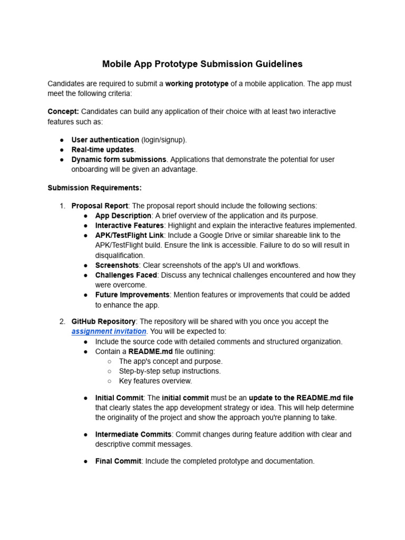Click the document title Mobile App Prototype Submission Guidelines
point(202,64)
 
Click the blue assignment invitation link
point(109,331)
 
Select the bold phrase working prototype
point(197,84)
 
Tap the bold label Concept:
point(63,112)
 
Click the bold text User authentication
point(105,140)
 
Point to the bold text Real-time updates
point(102,150)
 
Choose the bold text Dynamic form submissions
point(119,159)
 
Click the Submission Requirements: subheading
point(94,188)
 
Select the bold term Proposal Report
point(100,206)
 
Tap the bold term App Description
point(123,216)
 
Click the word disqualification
point(119,255)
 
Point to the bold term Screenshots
point(116,265)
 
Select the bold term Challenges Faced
point(126,275)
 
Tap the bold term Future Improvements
point(132,295)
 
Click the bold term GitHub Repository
point(103,321)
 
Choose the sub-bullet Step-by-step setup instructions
point(169,371)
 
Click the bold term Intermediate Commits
point(133,435)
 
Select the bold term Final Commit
point(118,461)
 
